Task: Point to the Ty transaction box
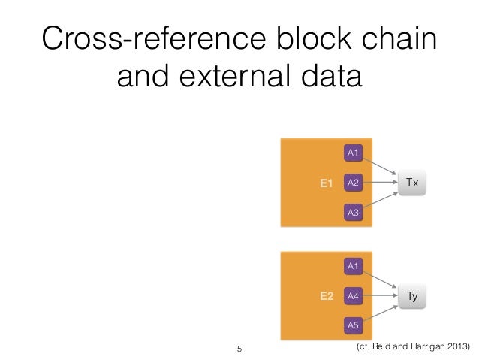tap(412, 296)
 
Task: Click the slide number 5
tap(239, 349)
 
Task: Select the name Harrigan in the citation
tap(423, 347)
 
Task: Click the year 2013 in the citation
tap(455, 347)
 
